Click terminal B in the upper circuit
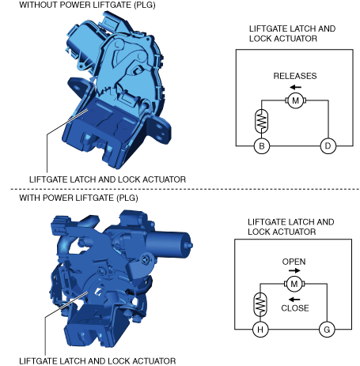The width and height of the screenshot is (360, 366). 262,145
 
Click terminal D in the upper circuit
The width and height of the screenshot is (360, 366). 328,145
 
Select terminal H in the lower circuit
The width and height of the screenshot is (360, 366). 260,330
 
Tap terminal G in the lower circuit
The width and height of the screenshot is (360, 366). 327,330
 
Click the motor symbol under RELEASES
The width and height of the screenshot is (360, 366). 295,100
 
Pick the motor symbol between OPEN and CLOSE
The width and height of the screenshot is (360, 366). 294,284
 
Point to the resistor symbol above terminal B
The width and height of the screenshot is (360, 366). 261,121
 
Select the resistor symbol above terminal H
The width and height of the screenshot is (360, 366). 260,304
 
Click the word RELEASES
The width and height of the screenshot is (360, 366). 295,76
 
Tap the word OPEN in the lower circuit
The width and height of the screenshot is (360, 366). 294,262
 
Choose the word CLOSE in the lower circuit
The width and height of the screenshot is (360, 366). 295,308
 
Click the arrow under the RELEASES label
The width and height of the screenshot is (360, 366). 295,87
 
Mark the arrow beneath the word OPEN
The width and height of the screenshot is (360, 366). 294,270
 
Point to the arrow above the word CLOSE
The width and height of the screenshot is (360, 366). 294,300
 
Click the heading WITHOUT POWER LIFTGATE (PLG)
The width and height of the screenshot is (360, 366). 87,5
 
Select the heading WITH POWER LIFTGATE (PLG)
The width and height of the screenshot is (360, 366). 78,198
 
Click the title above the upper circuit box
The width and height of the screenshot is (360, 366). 292,33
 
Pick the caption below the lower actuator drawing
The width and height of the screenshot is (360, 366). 97,360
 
